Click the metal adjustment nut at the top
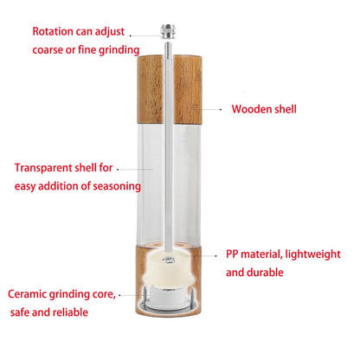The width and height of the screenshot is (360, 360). (168, 32)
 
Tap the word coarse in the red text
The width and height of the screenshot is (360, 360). (48, 50)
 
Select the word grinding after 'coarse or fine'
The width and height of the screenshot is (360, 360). (119, 50)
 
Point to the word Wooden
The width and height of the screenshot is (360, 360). (252, 109)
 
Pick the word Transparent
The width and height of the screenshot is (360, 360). (43, 168)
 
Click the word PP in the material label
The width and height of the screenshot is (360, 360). (232, 254)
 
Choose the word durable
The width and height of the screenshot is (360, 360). (266, 273)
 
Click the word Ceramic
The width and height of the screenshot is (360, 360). (27, 294)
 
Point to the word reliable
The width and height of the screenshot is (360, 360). (70, 312)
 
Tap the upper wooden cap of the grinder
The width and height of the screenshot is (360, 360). (170, 89)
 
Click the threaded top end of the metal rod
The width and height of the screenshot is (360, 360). (168, 48)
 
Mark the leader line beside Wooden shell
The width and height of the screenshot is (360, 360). (211, 110)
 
